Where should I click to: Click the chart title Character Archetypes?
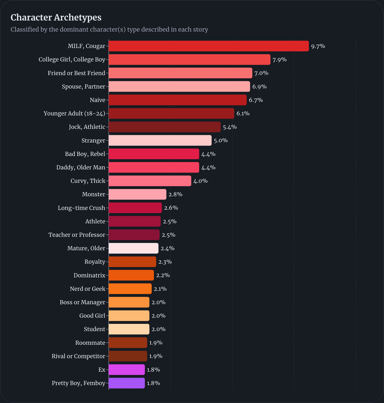click(x=56, y=17)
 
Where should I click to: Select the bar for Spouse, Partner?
click(x=179, y=87)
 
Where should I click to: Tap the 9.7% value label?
click(x=318, y=46)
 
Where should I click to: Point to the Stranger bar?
click(x=160, y=140)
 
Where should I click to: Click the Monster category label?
click(x=94, y=194)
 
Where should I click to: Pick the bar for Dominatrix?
click(x=131, y=275)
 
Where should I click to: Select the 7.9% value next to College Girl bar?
click(x=279, y=59)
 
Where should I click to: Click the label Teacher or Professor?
click(x=77, y=235)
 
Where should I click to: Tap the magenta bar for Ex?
click(x=127, y=370)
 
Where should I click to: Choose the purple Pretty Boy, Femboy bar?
click(x=127, y=383)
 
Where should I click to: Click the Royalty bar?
click(x=132, y=262)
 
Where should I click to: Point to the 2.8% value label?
click(x=175, y=194)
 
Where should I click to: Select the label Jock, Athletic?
click(x=87, y=127)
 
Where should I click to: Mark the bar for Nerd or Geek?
click(x=130, y=289)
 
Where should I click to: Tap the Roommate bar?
click(x=128, y=342)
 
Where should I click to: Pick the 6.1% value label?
click(x=243, y=114)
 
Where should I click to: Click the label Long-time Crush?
click(x=81, y=208)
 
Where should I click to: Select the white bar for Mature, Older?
click(x=133, y=248)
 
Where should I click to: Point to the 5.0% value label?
click(x=220, y=141)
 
